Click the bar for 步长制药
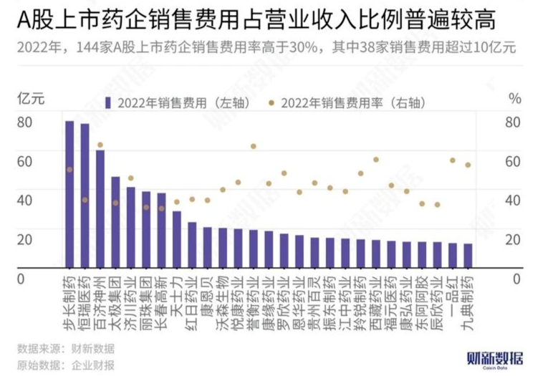[69, 193]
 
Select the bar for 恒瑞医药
[85, 195]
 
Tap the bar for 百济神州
[100, 208]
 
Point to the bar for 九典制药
[468, 254]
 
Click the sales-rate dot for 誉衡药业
[253, 146]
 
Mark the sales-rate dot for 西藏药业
[376, 160]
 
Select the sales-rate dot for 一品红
[453, 160]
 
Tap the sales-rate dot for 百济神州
[100, 145]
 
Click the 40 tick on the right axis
[512, 201]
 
